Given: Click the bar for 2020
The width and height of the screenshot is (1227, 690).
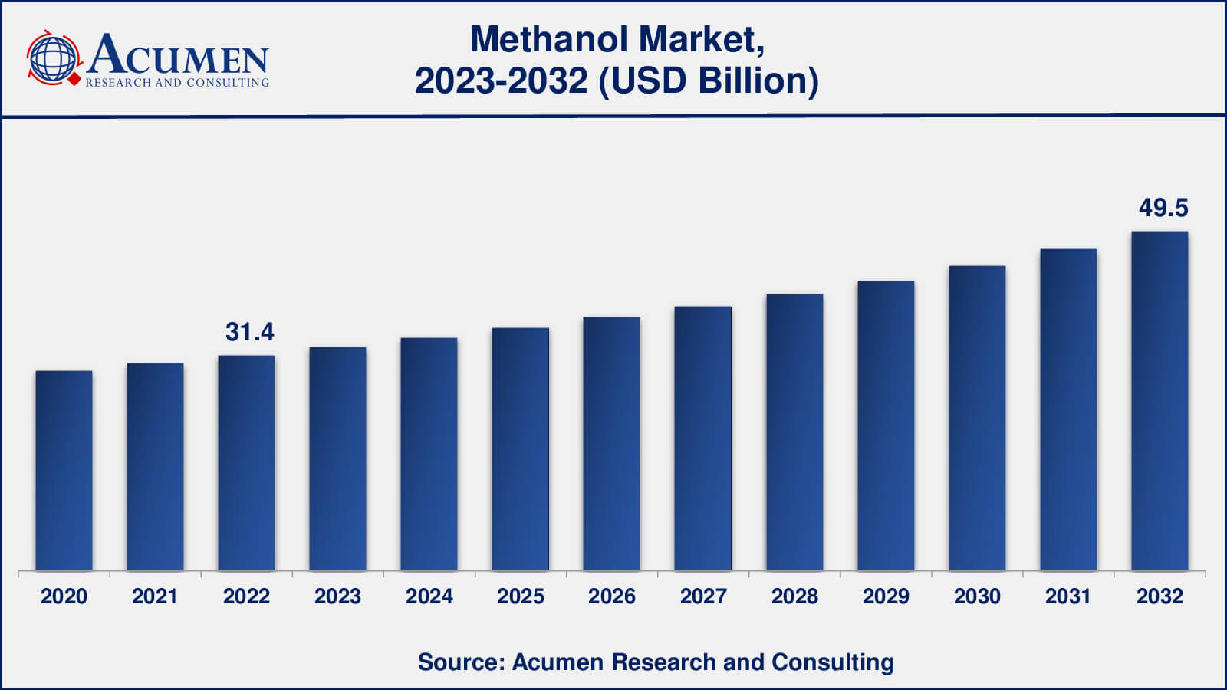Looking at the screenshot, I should click(64, 471).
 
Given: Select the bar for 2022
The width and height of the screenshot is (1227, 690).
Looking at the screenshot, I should click(246, 463).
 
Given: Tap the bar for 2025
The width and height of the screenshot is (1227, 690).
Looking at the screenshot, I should click(520, 449).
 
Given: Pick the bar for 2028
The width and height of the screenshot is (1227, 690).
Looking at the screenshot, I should click(794, 432).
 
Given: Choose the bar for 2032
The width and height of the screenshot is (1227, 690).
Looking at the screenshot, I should click(1160, 401).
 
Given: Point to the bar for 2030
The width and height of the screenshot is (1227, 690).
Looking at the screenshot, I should click(977, 419).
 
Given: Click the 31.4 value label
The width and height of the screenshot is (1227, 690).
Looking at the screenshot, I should click(249, 332).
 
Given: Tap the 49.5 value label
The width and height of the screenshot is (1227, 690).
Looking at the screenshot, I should click(1163, 208).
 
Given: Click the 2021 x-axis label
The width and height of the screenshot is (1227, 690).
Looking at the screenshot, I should click(155, 596).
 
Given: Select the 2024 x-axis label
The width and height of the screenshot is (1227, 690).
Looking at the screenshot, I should click(429, 596).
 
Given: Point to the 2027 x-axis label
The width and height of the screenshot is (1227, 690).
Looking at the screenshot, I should click(703, 596).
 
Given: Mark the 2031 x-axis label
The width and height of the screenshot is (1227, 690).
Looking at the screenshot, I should click(1068, 596).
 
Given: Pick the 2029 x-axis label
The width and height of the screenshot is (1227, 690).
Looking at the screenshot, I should click(886, 596).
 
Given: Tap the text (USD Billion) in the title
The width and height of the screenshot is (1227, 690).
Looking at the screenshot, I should click(709, 80).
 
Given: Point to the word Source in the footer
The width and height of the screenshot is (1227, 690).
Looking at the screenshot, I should click(458, 662).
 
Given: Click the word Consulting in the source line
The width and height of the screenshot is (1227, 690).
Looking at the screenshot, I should click(832, 662).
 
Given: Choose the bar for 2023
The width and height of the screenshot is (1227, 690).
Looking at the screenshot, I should click(337, 459).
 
